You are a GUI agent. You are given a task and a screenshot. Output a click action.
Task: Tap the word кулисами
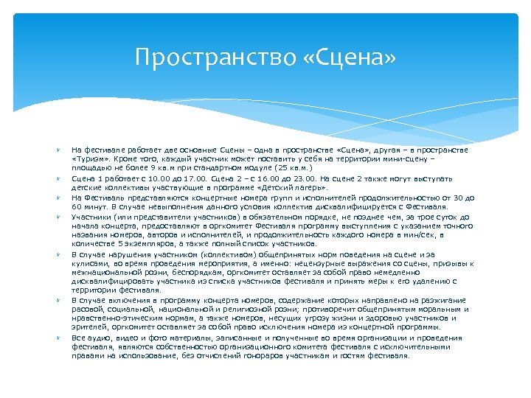point(89,263)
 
